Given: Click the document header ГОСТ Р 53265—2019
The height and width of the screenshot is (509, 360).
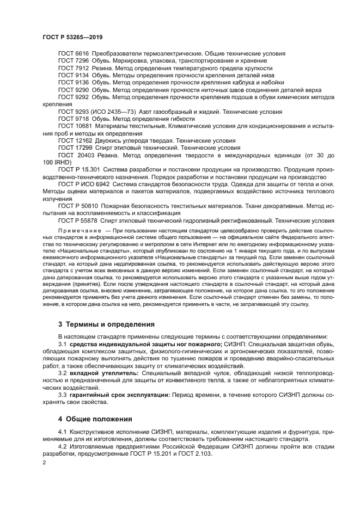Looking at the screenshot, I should tap(72, 38).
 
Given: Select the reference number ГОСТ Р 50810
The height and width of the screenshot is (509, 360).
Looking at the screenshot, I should tap(79, 206).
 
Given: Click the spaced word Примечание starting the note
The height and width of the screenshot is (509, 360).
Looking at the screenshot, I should tap(81, 230).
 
